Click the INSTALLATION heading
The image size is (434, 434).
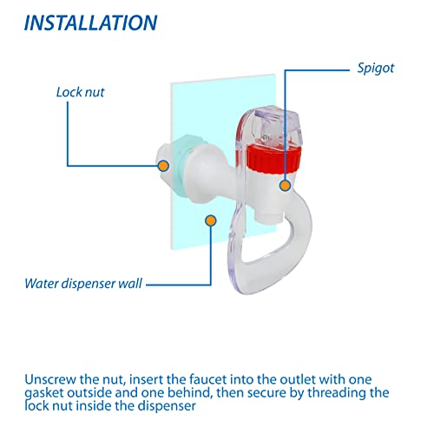tap(90, 23)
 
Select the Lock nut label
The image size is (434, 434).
tap(82, 90)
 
